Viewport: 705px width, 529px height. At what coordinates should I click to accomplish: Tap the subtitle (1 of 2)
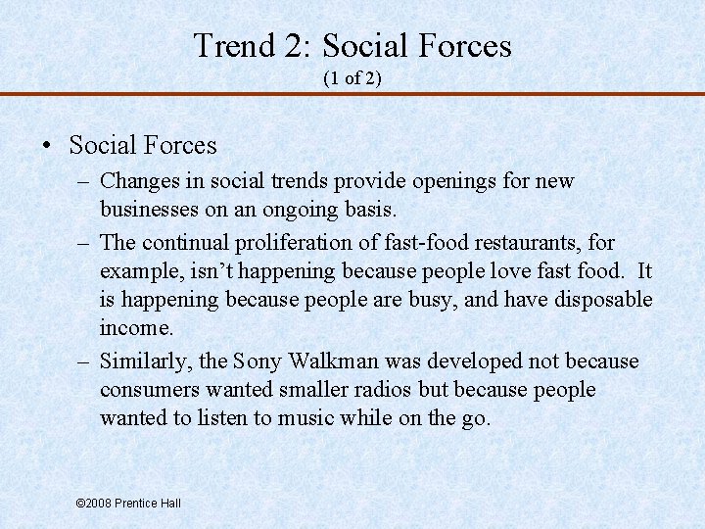point(352,78)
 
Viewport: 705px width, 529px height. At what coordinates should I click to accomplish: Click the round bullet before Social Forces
point(47,147)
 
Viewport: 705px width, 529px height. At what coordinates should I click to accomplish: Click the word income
point(135,327)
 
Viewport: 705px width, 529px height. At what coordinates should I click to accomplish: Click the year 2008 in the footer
point(97,503)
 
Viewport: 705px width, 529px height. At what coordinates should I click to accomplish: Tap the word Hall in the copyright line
point(168,503)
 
